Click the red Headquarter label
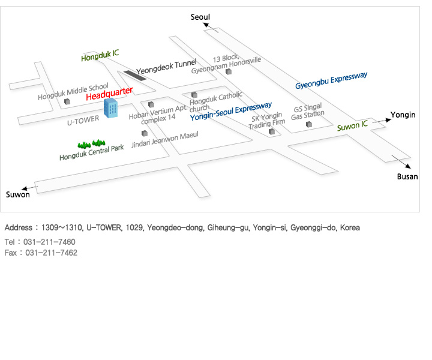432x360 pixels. click(x=109, y=94)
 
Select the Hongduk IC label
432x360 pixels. click(x=100, y=55)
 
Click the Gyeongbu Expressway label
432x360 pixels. click(x=331, y=80)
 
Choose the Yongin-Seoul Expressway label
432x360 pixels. click(x=235, y=112)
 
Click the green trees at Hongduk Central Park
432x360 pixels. click(x=91, y=144)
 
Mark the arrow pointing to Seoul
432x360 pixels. click(x=210, y=27)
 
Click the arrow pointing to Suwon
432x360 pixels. click(x=30, y=188)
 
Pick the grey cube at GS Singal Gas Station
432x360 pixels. click(x=309, y=124)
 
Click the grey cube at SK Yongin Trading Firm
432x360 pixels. click(x=272, y=131)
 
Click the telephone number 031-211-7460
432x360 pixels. click(x=51, y=242)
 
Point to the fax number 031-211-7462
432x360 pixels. click(x=52, y=253)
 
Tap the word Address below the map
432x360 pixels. click(x=19, y=229)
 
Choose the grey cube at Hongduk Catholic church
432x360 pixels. click(x=194, y=94)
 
